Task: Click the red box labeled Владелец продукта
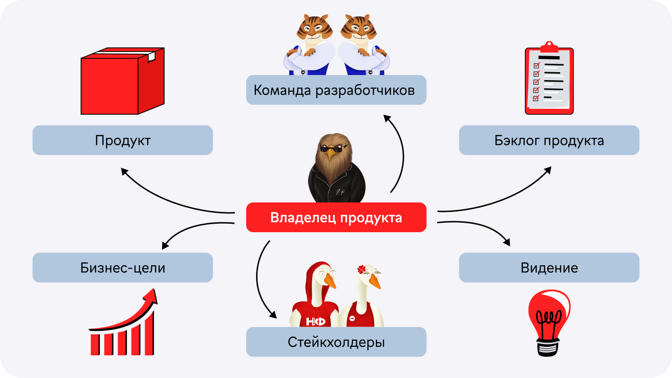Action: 336,218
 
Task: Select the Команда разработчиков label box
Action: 336,90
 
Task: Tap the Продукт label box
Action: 123,140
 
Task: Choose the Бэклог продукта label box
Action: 549,140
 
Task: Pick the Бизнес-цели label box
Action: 123,268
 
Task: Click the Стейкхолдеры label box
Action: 336,342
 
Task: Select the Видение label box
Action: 549,268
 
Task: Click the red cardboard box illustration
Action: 123,81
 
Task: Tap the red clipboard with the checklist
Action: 549,78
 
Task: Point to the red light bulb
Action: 549,323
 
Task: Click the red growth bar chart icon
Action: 123,322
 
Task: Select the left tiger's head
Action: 314,28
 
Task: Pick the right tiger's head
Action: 359,28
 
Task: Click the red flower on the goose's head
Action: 362,269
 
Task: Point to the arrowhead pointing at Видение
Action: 506,242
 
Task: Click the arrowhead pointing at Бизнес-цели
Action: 165,245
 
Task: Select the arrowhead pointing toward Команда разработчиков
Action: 387,118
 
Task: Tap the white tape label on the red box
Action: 151,57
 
